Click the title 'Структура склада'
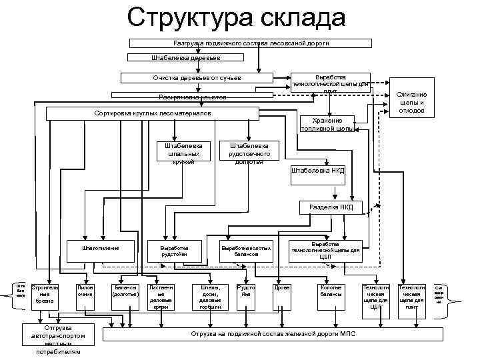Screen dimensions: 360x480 [237, 18]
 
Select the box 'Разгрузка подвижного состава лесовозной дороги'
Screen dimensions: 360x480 [251, 43]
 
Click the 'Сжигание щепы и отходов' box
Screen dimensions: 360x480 [411, 103]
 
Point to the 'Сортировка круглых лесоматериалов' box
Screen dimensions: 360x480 [153, 113]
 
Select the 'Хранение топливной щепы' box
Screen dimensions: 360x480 [327, 124]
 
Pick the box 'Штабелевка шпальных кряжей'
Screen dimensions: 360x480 [187, 152]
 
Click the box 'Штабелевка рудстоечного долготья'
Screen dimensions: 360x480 [249, 152]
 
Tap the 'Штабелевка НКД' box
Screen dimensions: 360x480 [318, 171]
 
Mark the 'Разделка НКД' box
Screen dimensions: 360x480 [331, 207]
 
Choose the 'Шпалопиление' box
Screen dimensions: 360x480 [100, 249]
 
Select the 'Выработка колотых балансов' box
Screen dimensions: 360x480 [246, 250]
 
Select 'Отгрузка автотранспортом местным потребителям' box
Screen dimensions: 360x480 [58, 340]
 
